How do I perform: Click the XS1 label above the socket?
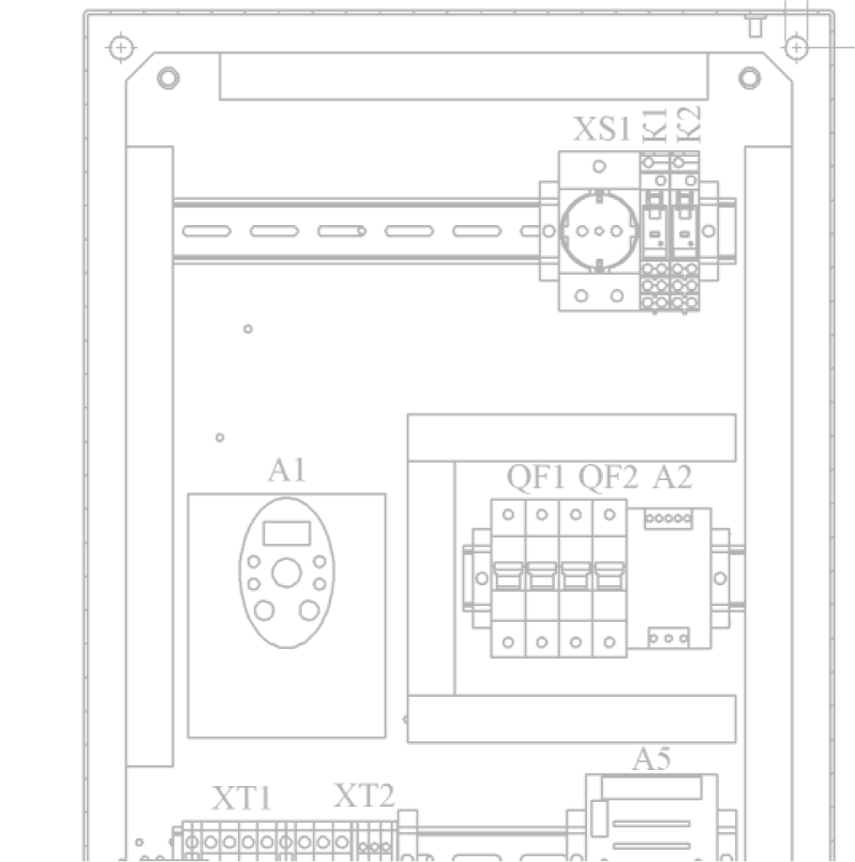602,129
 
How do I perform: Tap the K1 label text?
655,125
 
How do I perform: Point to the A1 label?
286,470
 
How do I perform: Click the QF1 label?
536,477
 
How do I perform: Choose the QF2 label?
608,477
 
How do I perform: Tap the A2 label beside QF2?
672,477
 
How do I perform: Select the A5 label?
652,759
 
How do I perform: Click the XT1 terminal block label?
241,799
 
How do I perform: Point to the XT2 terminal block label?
364,796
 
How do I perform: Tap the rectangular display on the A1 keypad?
286,534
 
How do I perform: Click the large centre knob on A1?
286,571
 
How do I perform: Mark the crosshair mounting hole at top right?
796,46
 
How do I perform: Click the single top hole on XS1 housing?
599,166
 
